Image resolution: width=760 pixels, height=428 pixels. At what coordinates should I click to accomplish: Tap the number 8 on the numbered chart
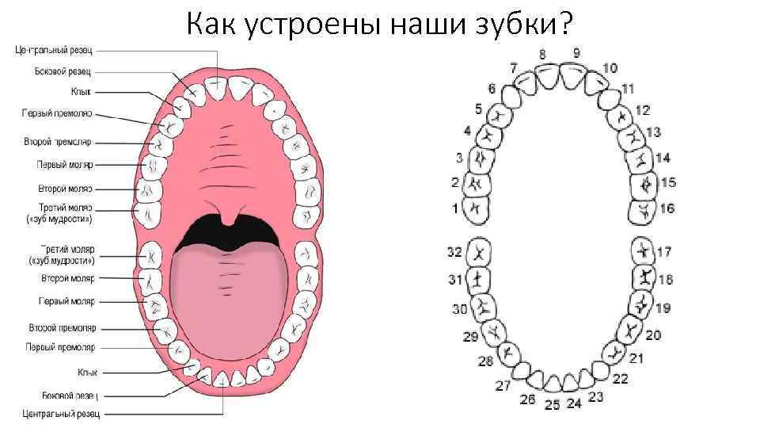click(x=543, y=54)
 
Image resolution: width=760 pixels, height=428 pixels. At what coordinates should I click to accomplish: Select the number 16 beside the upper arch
click(x=667, y=208)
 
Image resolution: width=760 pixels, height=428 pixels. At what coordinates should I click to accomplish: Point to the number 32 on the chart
click(x=454, y=252)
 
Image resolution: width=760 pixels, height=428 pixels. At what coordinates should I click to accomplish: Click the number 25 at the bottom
click(x=553, y=404)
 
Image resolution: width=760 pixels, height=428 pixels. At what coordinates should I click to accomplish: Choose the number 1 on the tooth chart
click(x=455, y=208)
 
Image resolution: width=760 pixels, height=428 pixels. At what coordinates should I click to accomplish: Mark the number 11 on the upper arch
click(x=628, y=88)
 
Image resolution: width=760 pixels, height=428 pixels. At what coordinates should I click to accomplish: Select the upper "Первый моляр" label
click(x=65, y=165)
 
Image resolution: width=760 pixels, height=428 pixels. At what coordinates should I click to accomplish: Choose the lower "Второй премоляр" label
click(x=63, y=327)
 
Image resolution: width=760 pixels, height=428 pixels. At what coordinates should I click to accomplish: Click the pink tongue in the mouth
click(x=230, y=293)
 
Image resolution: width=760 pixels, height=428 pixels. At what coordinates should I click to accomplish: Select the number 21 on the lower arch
click(x=636, y=358)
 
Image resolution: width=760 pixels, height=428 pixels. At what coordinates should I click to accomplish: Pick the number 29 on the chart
click(x=470, y=337)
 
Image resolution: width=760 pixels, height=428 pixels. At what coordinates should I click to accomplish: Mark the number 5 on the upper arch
click(x=478, y=109)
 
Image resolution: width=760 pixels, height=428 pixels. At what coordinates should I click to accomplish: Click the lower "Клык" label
click(x=88, y=371)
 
